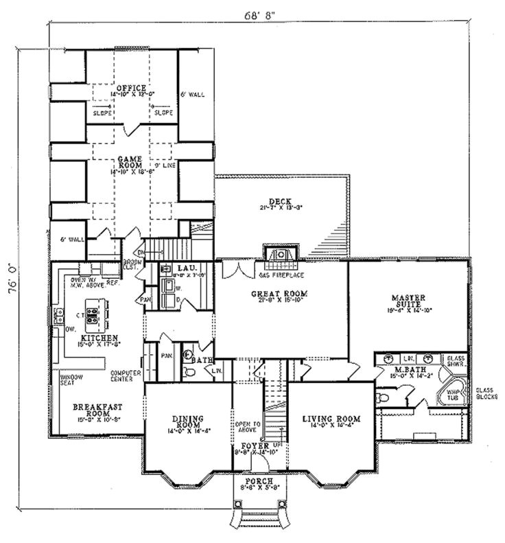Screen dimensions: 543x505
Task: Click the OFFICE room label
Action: point(130,89)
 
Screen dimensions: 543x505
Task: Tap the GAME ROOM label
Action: point(129,162)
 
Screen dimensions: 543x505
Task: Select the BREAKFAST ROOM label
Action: point(93,410)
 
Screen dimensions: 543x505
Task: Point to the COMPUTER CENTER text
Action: point(126,376)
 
